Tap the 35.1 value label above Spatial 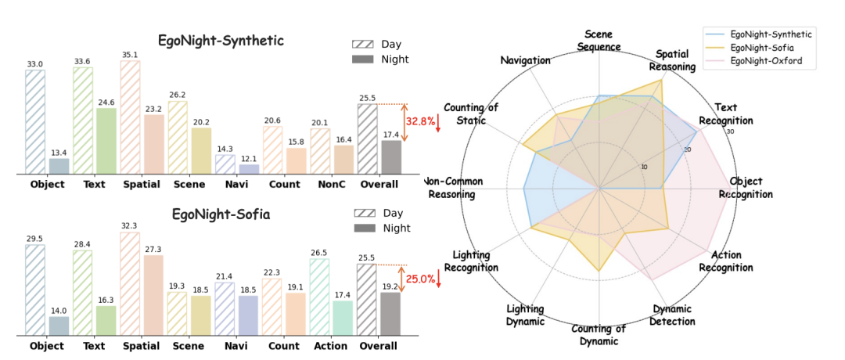click(130, 55)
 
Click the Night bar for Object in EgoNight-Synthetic click(59, 166)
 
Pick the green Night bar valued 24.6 click(106, 141)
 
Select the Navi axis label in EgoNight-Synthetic click(236, 185)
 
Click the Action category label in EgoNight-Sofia click(332, 345)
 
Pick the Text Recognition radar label click(725, 114)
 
